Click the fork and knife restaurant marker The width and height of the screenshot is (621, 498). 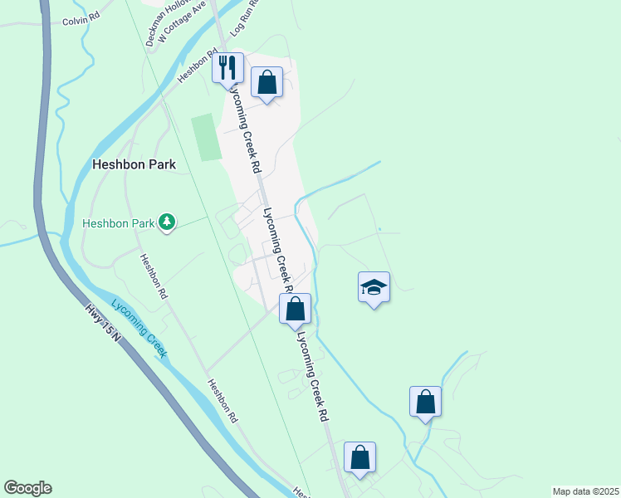pos(227,68)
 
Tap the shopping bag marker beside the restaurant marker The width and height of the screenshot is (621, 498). pos(266,83)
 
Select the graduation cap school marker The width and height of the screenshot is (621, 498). pos(374,288)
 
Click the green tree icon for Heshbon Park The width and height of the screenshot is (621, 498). pos(168,222)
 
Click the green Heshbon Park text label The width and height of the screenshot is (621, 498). pos(119,223)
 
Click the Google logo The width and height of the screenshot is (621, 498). pos(27,488)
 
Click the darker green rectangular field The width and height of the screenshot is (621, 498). pos(206,138)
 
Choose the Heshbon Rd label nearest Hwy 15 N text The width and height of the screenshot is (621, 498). pos(154,277)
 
